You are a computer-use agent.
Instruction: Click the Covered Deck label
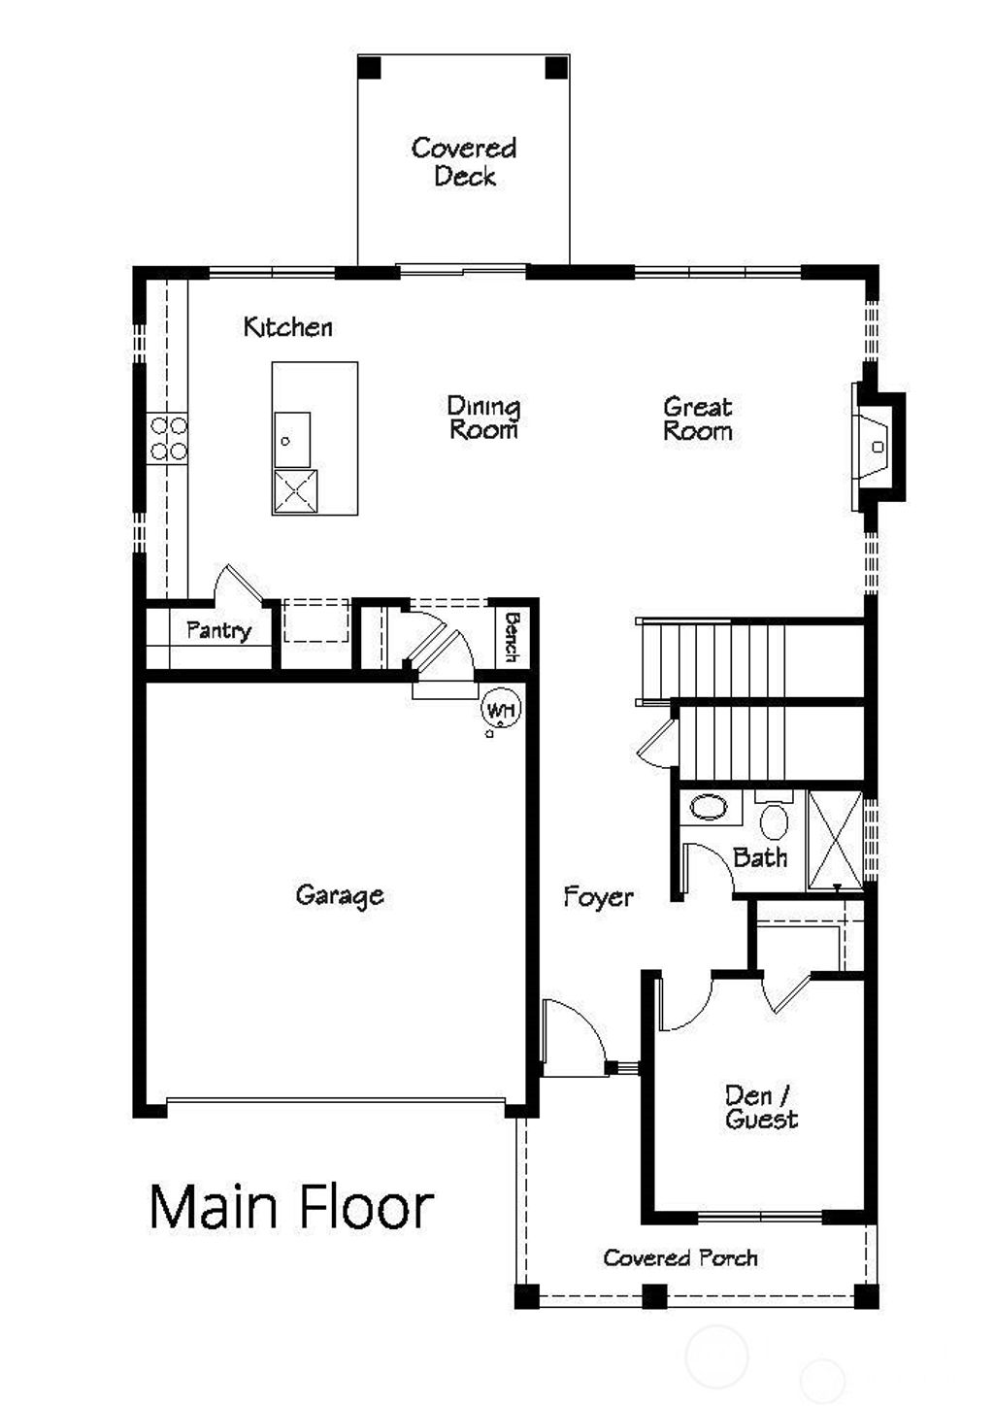coord(464,162)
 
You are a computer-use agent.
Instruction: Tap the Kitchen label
coord(287,327)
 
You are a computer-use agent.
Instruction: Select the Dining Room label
coord(483,418)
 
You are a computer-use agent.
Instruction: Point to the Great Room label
coord(697,418)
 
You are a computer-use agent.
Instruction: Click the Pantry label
coord(218,630)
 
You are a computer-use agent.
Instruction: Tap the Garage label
coord(339,894)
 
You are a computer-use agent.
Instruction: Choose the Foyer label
coord(598,897)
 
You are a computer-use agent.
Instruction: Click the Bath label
coord(760,857)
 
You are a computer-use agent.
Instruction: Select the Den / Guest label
coord(761,1108)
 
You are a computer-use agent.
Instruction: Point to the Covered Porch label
coord(679,1258)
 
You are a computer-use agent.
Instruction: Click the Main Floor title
coord(290,1207)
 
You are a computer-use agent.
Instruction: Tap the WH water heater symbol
coord(501,710)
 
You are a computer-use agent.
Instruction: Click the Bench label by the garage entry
coord(513,636)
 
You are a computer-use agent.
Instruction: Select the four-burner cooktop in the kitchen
coord(168,438)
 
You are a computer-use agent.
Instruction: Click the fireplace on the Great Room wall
coord(875,446)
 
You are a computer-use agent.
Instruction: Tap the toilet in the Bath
coord(774,819)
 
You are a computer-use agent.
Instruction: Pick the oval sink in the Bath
coord(708,808)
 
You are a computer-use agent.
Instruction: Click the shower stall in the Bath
coord(835,840)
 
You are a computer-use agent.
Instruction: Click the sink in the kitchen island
coord(290,439)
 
